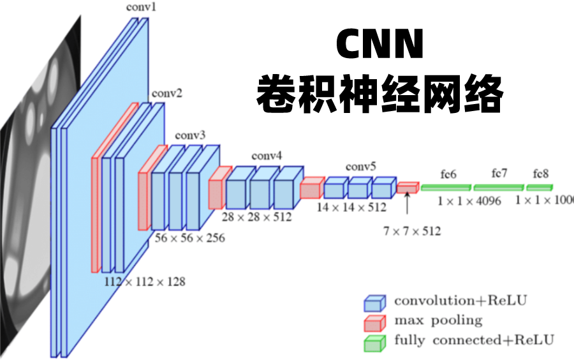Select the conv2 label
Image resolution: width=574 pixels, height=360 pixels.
pyautogui.click(x=166, y=93)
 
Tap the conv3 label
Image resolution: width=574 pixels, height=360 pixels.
pyautogui.click(x=190, y=135)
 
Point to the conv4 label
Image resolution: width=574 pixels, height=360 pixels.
pyautogui.click(x=267, y=155)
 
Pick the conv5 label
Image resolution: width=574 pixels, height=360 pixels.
pyautogui.click(x=360, y=167)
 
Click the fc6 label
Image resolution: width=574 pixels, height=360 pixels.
pyautogui.click(x=448, y=174)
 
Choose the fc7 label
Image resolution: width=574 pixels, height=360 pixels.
pyautogui.click(x=499, y=173)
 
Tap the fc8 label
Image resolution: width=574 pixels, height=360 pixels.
pyautogui.click(x=541, y=174)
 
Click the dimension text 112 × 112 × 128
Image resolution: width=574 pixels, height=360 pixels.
pyautogui.click(x=145, y=281)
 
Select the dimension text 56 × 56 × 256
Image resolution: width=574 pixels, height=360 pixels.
pyautogui.click(x=189, y=237)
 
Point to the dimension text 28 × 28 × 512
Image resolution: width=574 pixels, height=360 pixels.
pyautogui.click(x=256, y=217)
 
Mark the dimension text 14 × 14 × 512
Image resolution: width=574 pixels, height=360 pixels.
pyautogui.click(x=351, y=207)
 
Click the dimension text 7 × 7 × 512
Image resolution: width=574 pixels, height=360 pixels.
pyautogui.click(x=411, y=231)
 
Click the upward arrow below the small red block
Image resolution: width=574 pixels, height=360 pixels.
pyautogui.click(x=407, y=204)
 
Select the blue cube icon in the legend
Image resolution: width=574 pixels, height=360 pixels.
pyautogui.click(x=375, y=302)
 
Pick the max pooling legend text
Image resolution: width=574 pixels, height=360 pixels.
pyautogui.click(x=438, y=320)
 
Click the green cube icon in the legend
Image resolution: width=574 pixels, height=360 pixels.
pyautogui.click(x=375, y=343)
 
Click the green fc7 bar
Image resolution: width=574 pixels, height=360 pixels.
pyautogui.click(x=498, y=187)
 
